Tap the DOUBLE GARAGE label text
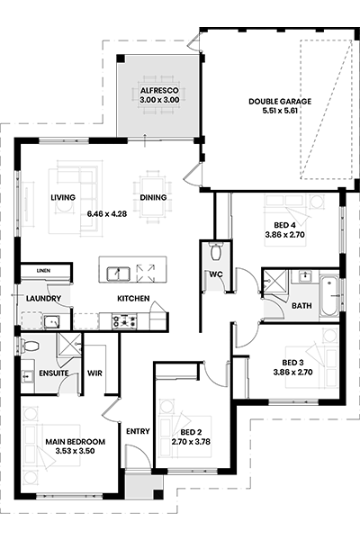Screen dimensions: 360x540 pos(280,101)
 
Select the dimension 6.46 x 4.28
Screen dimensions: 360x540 pos(107,214)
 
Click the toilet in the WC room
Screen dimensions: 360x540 pos(216,251)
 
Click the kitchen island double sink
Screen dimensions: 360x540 pos(118,274)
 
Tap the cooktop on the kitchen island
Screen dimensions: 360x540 pos(146,273)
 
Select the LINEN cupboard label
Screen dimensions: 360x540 pos(43,271)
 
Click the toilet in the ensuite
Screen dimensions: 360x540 pos(30,346)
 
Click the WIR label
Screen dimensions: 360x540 pos(94,373)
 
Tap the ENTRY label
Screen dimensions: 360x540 pos(138,431)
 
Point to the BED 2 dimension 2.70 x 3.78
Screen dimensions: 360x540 pos(191,442)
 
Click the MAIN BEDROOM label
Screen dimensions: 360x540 pos(75,442)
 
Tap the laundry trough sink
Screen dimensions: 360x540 pos(51,322)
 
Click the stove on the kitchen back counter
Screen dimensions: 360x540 pos(124,321)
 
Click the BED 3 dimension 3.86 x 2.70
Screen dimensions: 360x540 pos(292,372)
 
